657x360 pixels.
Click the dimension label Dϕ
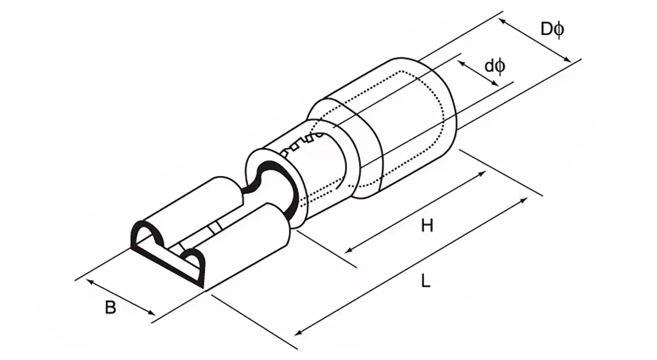551,29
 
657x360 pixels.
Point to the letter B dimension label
111,308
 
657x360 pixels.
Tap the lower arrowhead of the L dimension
299,331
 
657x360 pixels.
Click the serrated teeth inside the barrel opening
299,144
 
